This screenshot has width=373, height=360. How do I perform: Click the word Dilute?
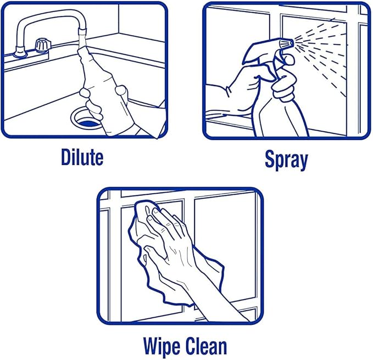(82, 157)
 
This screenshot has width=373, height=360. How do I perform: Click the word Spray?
(286, 160)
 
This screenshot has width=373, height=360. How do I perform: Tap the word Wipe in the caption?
(162, 347)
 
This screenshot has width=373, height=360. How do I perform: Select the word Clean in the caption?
(206, 346)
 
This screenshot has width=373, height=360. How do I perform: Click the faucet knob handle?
(43, 44)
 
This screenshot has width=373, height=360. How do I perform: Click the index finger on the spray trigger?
(287, 59)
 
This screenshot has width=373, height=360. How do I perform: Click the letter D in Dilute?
(66, 157)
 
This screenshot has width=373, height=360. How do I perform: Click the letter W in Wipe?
(153, 346)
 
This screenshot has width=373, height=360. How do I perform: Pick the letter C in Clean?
(191, 346)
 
